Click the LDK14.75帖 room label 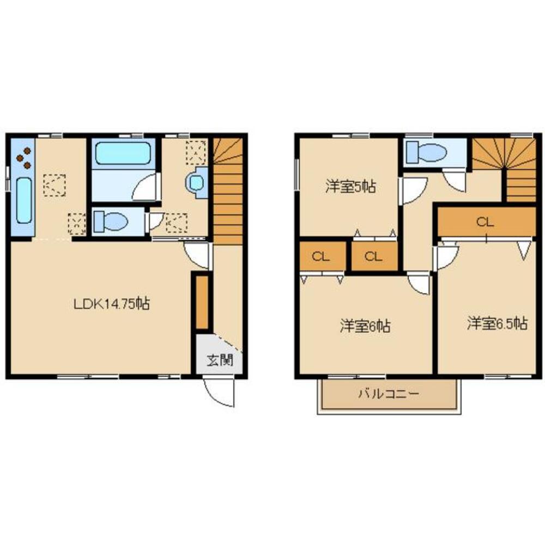(112, 303)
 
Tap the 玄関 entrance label (220, 360)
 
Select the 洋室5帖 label (351, 187)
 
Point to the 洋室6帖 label (365, 326)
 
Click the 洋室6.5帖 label (498, 323)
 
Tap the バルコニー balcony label (389, 394)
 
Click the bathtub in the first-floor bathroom (123, 153)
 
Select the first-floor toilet (111, 221)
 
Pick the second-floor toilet (427, 152)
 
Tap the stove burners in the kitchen (23, 158)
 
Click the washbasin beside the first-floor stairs (197, 182)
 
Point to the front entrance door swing (219, 393)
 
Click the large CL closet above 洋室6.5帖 (486, 222)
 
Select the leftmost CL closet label (321, 256)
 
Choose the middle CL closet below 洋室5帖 (374, 256)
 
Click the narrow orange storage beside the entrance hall (202, 301)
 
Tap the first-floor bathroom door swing (146, 187)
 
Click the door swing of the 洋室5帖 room (413, 191)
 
